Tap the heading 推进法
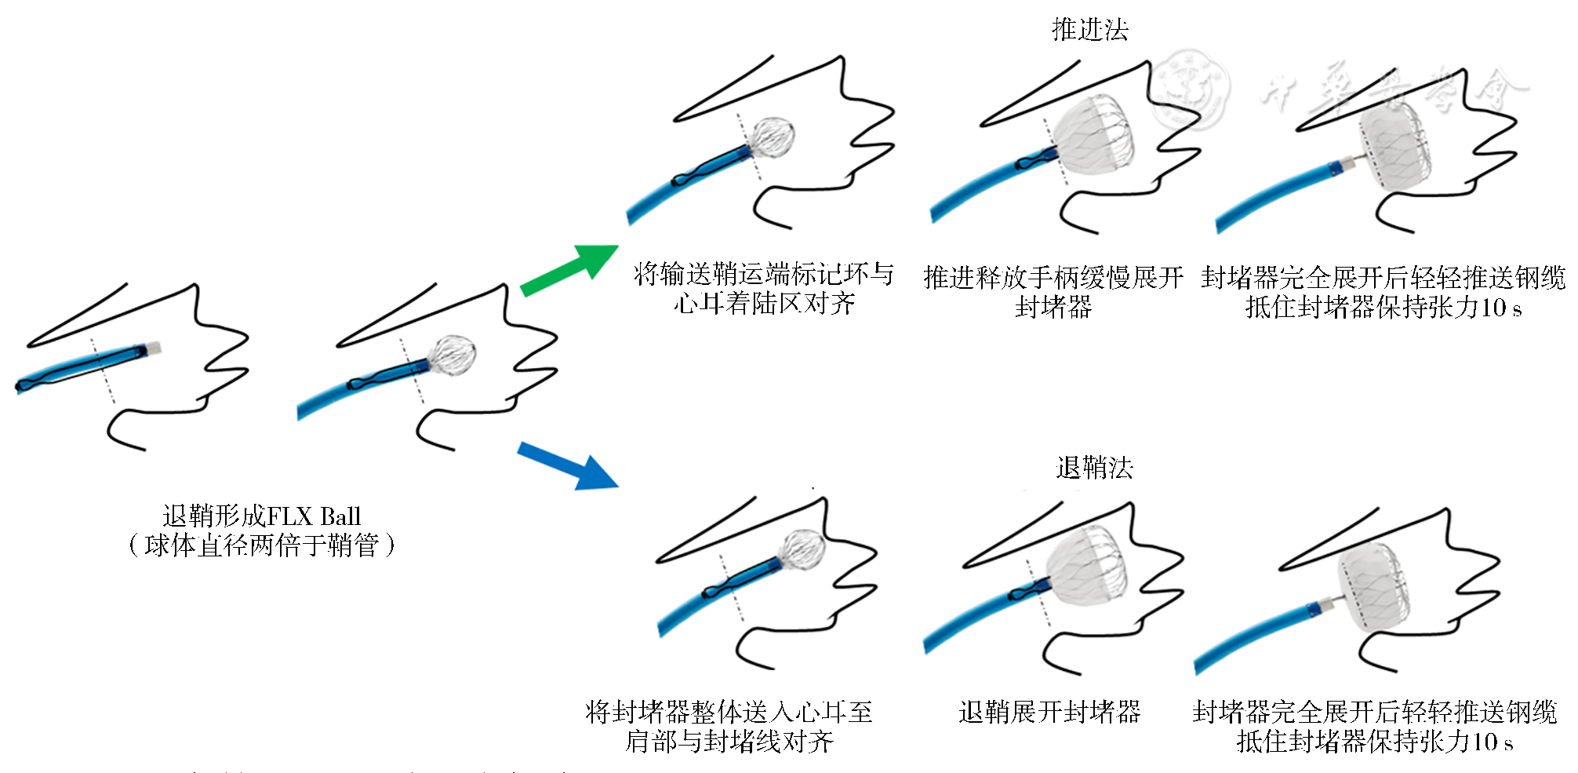pyautogui.click(x=1089, y=30)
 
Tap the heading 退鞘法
pyautogui.click(x=1094, y=469)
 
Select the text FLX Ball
pyautogui.click(x=314, y=516)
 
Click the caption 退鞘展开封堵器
pyautogui.click(x=1049, y=713)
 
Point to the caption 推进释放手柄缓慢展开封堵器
pyautogui.click(x=1053, y=291)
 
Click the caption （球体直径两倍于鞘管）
pyautogui.click(x=261, y=545)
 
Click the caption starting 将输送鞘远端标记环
pyautogui.click(x=763, y=289)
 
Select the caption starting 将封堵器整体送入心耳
pyautogui.click(x=729, y=727)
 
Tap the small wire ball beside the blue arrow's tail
pyautogui.click(x=454, y=355)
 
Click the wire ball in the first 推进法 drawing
pyautogui.click(x=773, y=138)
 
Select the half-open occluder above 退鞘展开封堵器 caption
pyautogui.click(x=1085, y=567)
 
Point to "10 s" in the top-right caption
pyautogui.click(x=1500, y=307)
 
